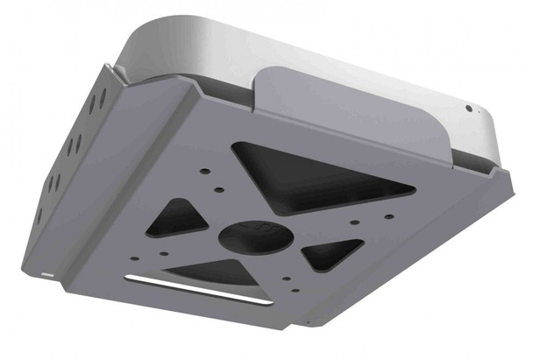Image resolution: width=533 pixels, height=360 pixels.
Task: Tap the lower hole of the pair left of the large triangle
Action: tap(213, 187)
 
